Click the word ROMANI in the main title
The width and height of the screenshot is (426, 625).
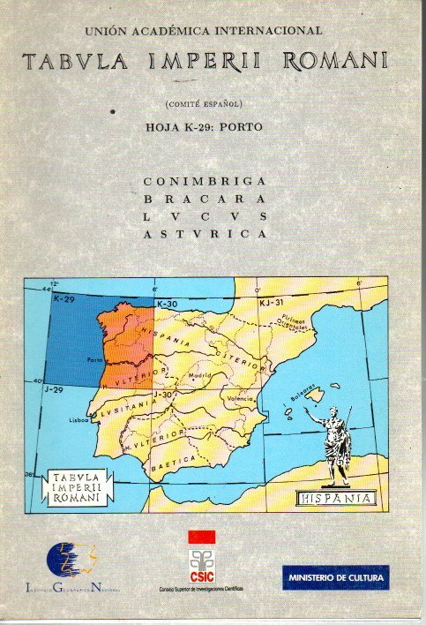tap(339, 62)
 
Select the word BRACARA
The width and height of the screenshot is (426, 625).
tap(204, 199)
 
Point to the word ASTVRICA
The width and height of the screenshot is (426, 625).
tap(204, 234)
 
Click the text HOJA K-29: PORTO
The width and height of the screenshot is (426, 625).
tap(204, 126)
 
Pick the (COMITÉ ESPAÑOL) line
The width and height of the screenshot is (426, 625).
tap(205, 105)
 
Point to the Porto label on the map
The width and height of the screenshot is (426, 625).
tap(95, 360)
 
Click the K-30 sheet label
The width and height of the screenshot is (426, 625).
tap(167, 305)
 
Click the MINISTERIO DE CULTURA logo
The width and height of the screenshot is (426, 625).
tap(335, 577)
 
